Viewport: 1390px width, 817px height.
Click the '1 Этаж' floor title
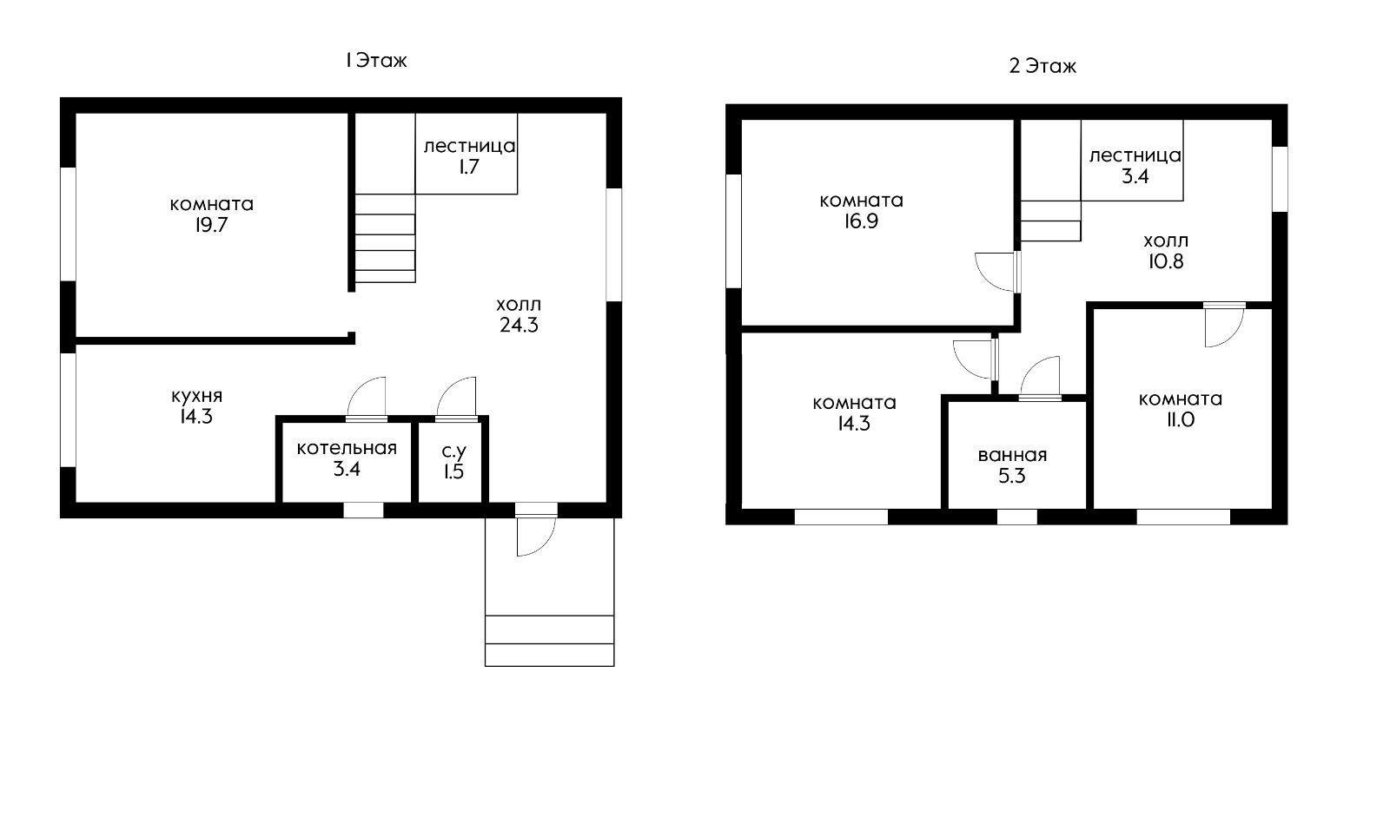click(376, 61)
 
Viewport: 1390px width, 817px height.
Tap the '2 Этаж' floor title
click(1042, 66)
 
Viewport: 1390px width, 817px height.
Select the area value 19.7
click(212, 225)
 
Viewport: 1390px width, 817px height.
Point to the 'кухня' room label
click(196, 396)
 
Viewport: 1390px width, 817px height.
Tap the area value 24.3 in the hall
click(519, 325)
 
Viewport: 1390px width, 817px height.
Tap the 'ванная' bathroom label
click(1012, 455)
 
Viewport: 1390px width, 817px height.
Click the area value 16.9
click(861, 221)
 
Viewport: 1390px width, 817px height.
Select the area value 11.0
click(1181, 420)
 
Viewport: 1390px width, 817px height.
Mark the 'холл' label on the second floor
click(1165, 240)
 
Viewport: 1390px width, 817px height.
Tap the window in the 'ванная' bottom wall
click(1017, 517)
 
